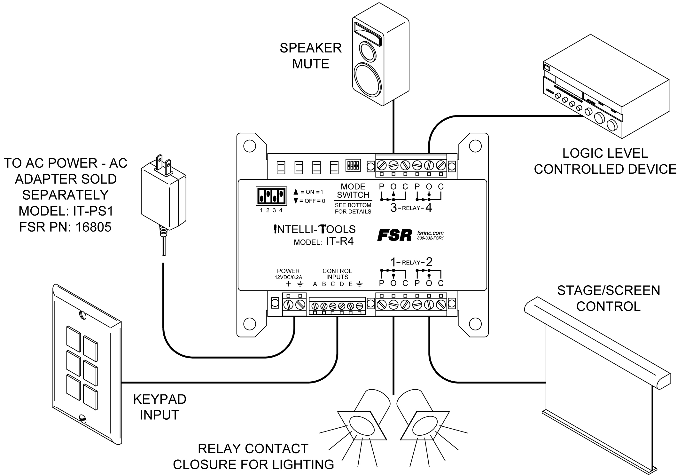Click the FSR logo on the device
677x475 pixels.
(x=394, y=235)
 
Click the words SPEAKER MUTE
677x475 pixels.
(x=310, y=56)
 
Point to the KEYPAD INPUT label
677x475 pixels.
(x=160, y=407)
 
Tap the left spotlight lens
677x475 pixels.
(x=362, y=426)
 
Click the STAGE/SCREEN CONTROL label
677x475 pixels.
(x=608, y=298)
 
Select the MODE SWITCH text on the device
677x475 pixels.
(x=353, y=191)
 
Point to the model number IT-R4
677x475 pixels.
(x=340, y=241)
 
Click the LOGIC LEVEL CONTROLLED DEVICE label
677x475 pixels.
(x=605, y=161)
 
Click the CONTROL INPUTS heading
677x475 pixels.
(x=337, y=274)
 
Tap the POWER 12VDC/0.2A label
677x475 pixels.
(x=288, y=274)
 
